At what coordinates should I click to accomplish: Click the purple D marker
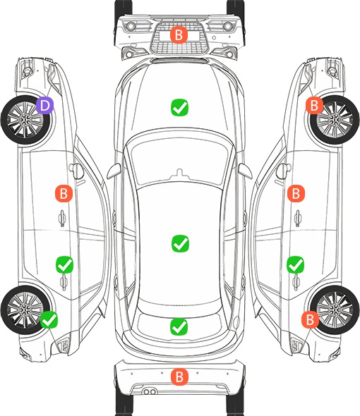coord(45,105)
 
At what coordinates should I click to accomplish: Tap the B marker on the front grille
coord(179,35)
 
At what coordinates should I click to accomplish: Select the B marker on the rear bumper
coord(179,377)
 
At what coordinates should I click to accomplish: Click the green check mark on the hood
coord(179,107)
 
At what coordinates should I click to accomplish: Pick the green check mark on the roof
coord(181,243)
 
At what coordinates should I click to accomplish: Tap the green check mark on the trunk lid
coord(179,326)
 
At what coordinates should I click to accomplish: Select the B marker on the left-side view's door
coord(64,193)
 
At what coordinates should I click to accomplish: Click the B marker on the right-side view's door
coord(296,193)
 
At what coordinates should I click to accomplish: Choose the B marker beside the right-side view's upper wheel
coord(314,105)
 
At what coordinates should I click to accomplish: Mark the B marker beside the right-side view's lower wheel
coord(310,319)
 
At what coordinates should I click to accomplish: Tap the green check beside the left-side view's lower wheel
coord(49,319)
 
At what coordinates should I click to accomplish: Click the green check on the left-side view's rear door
coord(64,264)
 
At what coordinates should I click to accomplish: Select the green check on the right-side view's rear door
coord(296,264)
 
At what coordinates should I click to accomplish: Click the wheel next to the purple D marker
coord(25,120)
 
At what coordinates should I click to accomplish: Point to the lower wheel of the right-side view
coord(335,310)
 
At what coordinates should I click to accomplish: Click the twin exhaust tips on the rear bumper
coord(150,391)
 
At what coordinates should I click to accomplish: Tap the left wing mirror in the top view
coord(114,171)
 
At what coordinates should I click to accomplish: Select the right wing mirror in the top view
coord(245,171)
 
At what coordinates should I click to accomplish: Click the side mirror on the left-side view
coord(76,171)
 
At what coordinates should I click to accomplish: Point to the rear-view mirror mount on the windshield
coord(180,173)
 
